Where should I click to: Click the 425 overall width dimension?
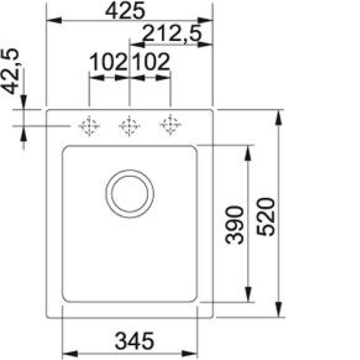point(125,11)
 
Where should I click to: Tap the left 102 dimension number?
point(108,62)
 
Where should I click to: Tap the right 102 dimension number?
point(151,62)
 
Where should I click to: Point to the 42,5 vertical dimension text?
point(10,71)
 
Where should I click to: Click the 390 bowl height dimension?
point(234,225)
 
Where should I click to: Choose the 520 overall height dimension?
point(265,217)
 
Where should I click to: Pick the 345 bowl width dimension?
point(134,341)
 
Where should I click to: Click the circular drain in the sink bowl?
point(130,194)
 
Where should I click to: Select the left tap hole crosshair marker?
point(89,126)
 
